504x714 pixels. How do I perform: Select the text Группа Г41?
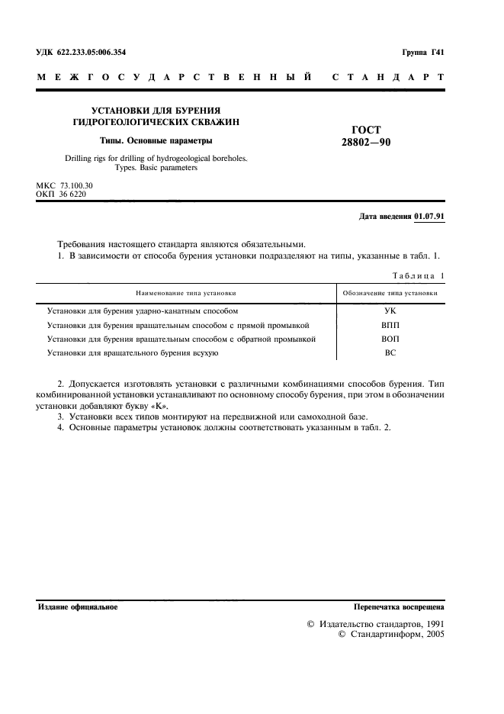pos(422,53)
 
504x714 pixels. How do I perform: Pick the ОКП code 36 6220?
pos(72,195)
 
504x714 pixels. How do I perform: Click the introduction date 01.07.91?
pos(430,217)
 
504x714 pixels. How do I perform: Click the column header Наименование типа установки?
pos(186,292)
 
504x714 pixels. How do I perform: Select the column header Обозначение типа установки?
pos(390,292)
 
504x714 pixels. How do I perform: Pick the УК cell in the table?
pos(390,311)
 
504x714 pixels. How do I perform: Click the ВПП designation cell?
pos(390,325)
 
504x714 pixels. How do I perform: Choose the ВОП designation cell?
pos(390,339)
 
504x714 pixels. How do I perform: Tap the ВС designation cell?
pos(390,352)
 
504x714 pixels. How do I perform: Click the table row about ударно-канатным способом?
pos(143,311)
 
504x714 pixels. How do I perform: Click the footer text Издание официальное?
pos(78,607)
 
